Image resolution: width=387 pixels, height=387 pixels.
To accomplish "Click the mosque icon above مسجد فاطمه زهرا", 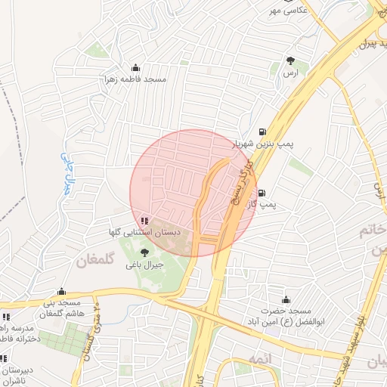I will (135, 67).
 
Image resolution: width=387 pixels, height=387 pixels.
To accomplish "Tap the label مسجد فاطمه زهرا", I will (135, 79).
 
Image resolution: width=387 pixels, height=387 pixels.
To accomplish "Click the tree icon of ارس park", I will (290, 60).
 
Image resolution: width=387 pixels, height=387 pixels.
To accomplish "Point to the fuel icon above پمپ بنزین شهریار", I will (262, 131).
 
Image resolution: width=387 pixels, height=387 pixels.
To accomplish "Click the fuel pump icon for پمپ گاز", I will (262, 193).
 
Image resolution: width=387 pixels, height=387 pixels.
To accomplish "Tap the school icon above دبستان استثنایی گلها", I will (144, 221).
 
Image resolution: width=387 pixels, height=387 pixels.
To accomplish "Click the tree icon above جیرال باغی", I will (144, 252).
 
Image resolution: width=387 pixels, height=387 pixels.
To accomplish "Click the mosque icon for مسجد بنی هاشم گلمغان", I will (62, 291).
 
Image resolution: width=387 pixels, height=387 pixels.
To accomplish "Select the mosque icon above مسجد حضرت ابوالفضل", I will (286, 300).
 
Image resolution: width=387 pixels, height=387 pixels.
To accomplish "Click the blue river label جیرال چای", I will (65, 173).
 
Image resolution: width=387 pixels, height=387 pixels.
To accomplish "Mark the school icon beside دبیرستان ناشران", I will (2, 358).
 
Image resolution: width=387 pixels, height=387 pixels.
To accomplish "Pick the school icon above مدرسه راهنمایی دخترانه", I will (6, 317).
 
